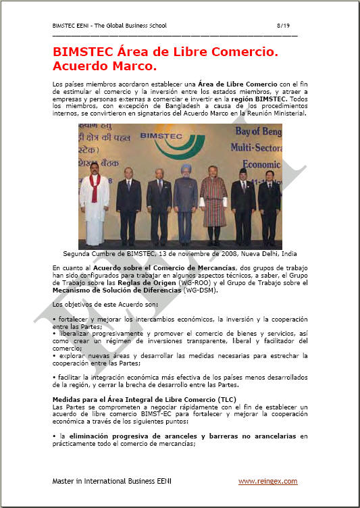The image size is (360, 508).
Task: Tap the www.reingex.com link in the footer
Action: (x=267, y=480)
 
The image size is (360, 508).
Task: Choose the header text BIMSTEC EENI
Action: (x=70, y=25)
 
